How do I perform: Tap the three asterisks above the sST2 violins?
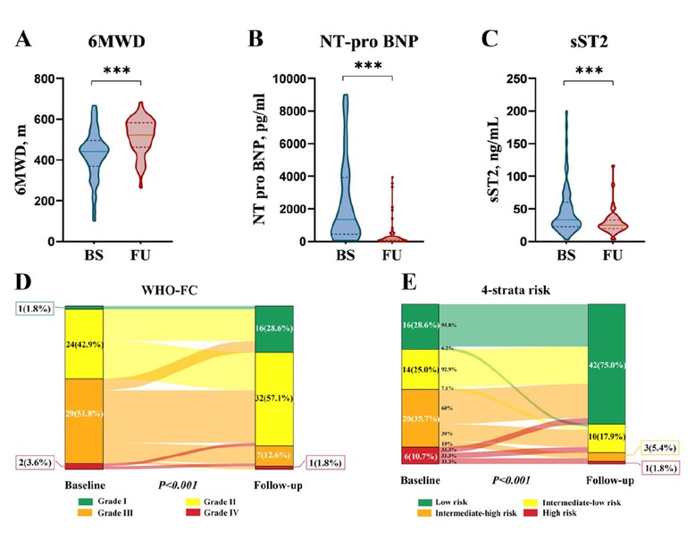pos(587,71)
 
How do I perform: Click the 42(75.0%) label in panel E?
pos(606,363)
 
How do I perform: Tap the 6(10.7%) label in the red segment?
pos(420,456)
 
